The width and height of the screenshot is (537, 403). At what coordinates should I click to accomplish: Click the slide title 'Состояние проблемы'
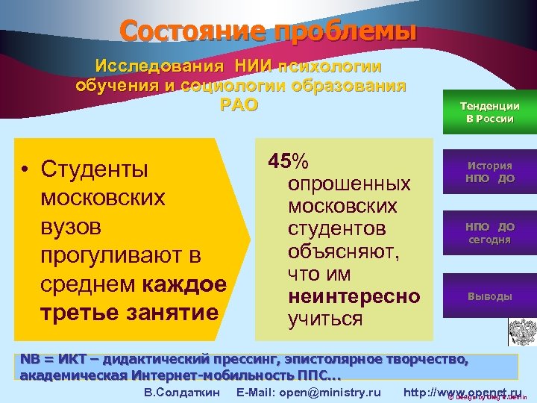(268, 31)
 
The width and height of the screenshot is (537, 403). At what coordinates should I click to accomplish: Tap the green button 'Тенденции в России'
(489, 113)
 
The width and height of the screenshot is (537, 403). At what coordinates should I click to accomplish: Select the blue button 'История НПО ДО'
(489, 172)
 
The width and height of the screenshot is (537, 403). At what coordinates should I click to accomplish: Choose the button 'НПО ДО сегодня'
(489, 233)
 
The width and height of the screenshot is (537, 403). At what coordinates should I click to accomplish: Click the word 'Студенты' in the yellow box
(95, 169)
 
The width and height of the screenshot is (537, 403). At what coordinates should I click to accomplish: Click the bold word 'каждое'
(189, 284)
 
